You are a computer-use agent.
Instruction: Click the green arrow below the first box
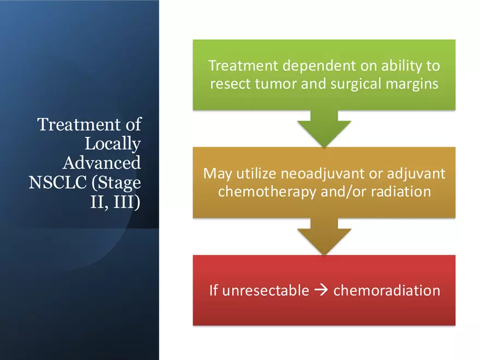[x=324, y=129]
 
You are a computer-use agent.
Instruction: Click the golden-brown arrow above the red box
[x=324, y=236]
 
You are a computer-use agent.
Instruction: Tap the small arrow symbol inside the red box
[x=321, y=290]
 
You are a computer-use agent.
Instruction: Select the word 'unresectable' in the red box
[x=266, y=290]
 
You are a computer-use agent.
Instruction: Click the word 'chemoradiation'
[x=387, y=290]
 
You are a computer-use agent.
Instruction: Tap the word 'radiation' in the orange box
[x=401, y=191]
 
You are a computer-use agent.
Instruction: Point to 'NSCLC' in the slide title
[x=58, y=182]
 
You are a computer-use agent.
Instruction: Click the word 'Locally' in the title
[x=112, y=144]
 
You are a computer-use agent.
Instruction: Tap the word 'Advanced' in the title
[x=101, y=163]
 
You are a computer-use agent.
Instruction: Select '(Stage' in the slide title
[x=116, y=183]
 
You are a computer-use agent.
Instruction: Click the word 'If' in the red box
[x=213, y=290]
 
